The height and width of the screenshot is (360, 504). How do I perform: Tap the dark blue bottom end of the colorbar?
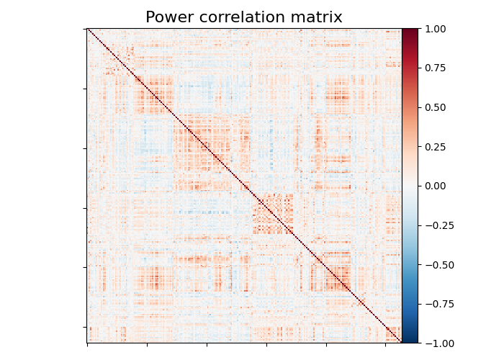(x=410, y=341)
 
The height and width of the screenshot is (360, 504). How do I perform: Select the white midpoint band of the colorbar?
(x=410, y=186)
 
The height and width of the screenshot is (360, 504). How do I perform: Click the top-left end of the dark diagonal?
(x=88, y=30)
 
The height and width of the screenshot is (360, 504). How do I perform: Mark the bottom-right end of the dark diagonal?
(x=400, y=342)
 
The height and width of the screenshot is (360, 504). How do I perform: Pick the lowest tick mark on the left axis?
(x=86, y=328)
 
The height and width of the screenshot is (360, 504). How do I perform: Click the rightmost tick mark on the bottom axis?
(x=386, y=345)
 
